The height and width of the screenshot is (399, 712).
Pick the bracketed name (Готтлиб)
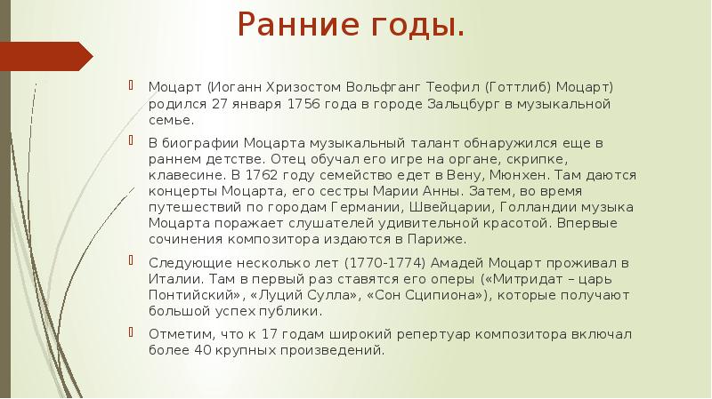[x=520, y=88]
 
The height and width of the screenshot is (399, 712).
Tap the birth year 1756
[x=306, y=104]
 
